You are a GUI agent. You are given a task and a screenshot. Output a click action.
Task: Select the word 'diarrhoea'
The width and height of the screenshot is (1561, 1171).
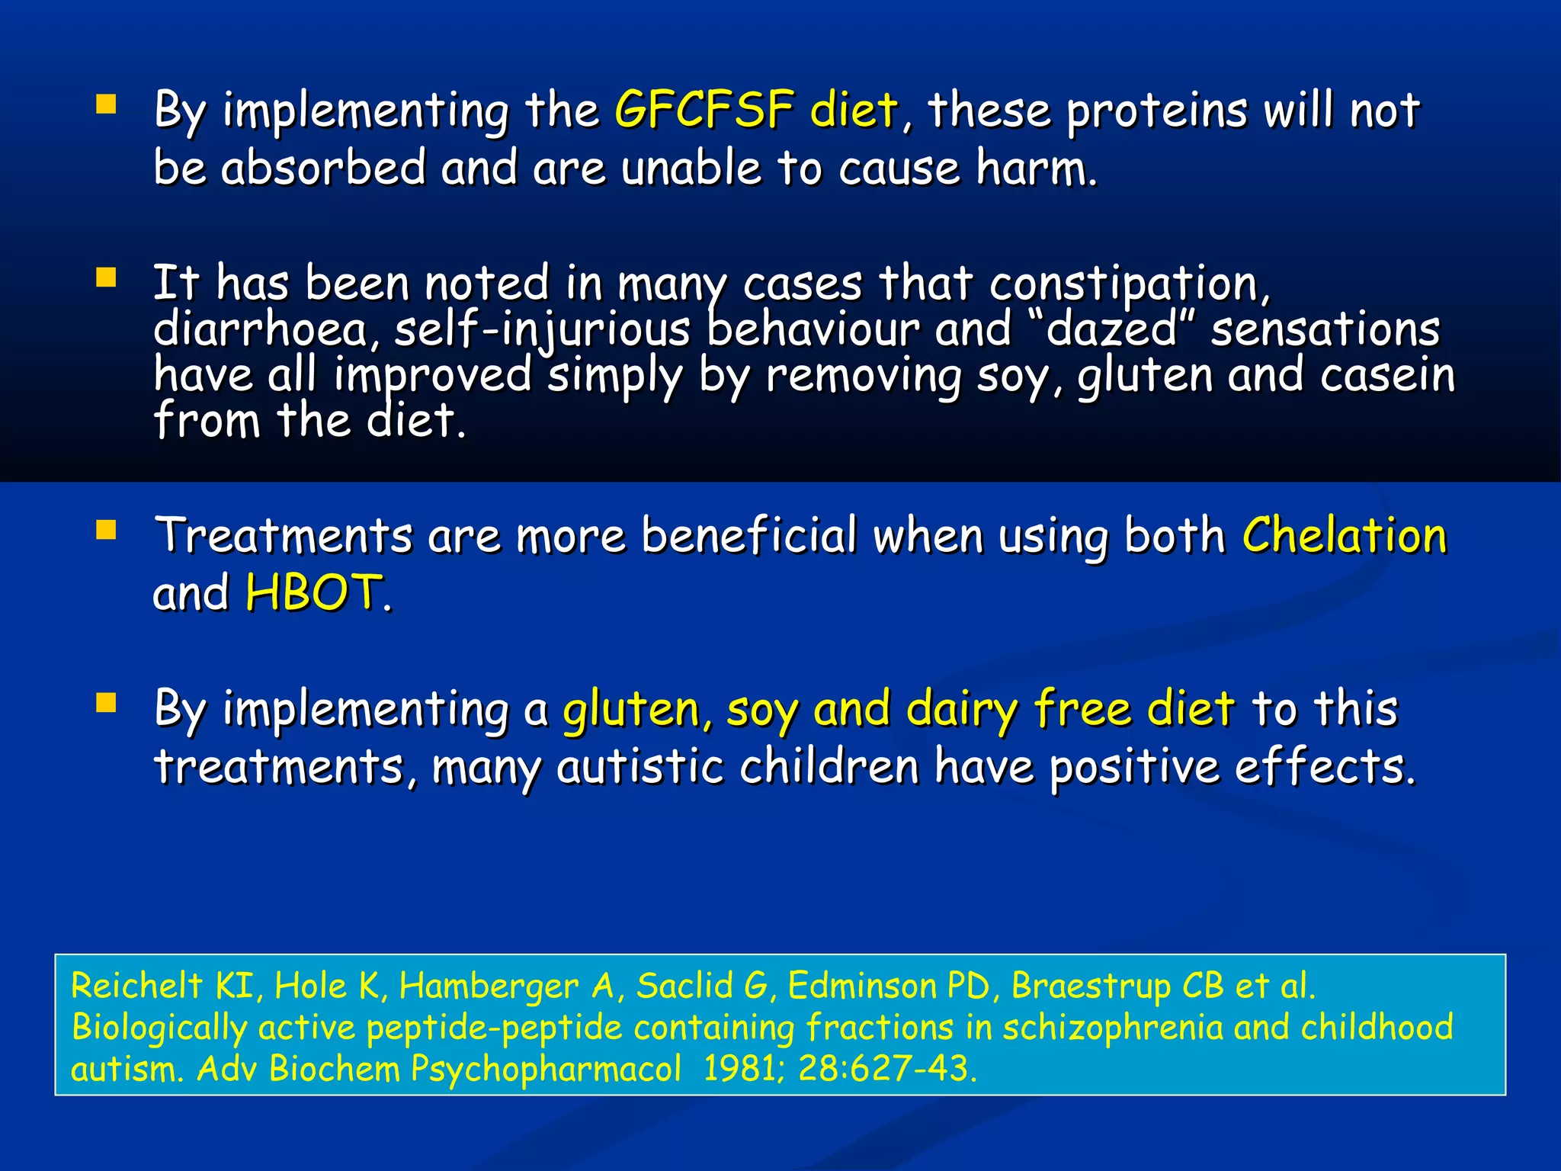[261, 329]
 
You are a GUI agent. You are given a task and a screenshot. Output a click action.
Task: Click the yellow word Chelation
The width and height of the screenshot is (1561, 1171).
[1345, 535]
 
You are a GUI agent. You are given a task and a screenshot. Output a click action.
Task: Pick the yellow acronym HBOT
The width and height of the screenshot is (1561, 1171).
[313, 592]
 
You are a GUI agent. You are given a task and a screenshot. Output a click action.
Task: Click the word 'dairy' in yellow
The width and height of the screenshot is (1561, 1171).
[962, 709]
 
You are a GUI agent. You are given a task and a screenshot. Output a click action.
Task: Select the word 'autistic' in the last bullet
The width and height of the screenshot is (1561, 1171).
[640, 766]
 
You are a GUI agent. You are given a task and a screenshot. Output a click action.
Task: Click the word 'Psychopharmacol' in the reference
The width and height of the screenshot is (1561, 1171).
[546, 1068]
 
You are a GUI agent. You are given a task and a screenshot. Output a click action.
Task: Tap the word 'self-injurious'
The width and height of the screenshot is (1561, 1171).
[542, 329]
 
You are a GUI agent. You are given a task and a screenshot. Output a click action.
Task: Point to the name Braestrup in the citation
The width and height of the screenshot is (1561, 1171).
[1091, 986]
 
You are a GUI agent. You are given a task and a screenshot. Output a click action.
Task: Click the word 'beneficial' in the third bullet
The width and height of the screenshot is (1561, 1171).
[749, 535]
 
